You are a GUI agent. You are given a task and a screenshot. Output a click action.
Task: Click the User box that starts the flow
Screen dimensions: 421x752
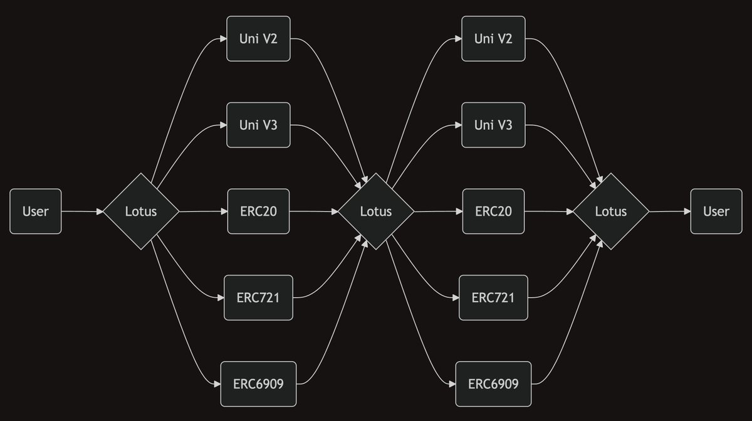pos(36,211)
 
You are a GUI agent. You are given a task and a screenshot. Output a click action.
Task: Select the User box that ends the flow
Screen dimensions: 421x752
pos(716,211)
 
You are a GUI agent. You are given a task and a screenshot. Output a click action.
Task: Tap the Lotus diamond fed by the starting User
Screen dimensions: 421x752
pos(141,211)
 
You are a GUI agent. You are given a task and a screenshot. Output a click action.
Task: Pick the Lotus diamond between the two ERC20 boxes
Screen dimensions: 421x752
pos(376,211)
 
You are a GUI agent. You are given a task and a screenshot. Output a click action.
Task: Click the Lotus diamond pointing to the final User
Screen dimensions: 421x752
pos(611,211)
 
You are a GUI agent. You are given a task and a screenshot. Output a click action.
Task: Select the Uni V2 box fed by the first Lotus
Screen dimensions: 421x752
pos(258,39)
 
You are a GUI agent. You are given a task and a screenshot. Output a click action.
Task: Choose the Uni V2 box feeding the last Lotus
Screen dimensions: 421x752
pos(493,39)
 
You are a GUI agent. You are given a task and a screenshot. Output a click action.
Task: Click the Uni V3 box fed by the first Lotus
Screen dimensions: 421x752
pos(258,125)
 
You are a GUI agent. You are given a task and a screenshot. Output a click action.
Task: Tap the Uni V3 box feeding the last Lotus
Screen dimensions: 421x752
pos(493,125)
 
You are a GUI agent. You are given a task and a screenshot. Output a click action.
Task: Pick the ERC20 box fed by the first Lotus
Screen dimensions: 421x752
pos(258,211)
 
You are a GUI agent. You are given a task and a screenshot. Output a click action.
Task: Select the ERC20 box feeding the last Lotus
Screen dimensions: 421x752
pos(493,211)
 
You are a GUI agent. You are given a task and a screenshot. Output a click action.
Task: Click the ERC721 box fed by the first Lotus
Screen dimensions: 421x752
pos(258,297)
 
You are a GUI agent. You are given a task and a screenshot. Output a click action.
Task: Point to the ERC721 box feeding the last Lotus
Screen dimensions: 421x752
pos(493,297)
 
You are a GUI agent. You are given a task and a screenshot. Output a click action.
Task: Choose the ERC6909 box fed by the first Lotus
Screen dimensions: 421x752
pos(258,383)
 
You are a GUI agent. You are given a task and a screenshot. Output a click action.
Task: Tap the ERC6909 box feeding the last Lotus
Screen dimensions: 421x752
pos(493,383)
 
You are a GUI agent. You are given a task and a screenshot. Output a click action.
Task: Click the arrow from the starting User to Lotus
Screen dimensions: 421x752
pos(82,211)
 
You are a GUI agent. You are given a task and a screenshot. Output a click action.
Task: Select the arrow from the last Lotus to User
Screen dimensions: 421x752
pos(669,211)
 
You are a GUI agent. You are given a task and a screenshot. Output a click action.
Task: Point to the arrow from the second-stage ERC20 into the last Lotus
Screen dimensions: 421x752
pos(549,211)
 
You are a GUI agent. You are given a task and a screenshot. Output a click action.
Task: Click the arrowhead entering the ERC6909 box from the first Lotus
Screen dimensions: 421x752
pos(217,383)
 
